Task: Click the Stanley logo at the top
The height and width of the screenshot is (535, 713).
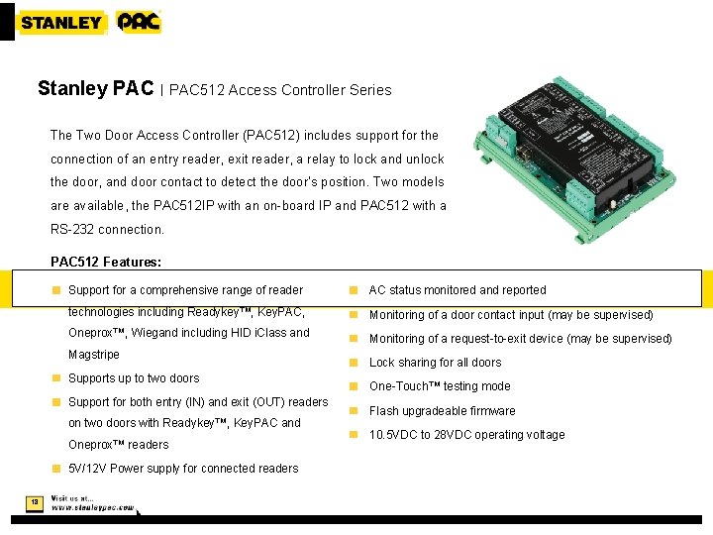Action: [60, 22]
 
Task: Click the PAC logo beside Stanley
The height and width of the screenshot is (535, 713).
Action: [139, 22]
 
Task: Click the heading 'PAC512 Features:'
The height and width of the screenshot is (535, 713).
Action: [106, 263]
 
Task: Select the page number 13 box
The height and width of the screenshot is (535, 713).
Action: [34, 502]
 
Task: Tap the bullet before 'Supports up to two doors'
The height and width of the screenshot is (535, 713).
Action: [57, 378]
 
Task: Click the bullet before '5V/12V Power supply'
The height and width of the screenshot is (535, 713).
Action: [57, 469]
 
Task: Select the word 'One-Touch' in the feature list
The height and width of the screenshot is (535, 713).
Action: [399, 386]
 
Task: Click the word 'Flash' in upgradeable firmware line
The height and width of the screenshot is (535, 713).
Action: [384, 410]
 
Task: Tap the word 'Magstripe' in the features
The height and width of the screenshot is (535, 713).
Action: [94, 355]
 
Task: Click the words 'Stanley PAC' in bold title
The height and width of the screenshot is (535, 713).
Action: [95, 88]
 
